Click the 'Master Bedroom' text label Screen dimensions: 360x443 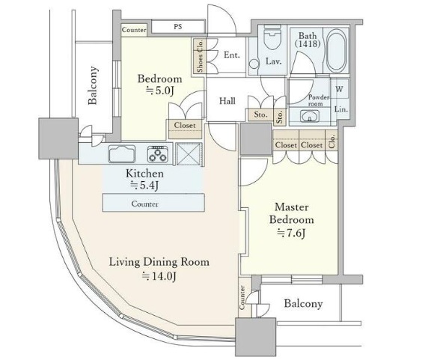292,213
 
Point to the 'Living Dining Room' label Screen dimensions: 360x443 159,262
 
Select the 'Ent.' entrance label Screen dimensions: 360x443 231,55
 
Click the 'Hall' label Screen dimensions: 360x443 228,101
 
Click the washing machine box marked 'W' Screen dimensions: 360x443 340,89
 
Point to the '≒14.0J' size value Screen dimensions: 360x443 159,276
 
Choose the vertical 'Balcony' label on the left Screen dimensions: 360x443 94,86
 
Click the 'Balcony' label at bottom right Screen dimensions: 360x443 303,304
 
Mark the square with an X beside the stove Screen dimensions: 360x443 189,155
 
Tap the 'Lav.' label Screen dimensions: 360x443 273,61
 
